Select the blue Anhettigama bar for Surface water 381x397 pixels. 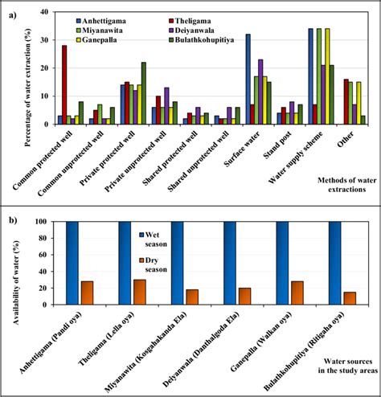click(248, 80)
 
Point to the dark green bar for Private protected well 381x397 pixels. click(144, 93)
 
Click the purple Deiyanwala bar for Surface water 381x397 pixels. click(260, 92)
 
